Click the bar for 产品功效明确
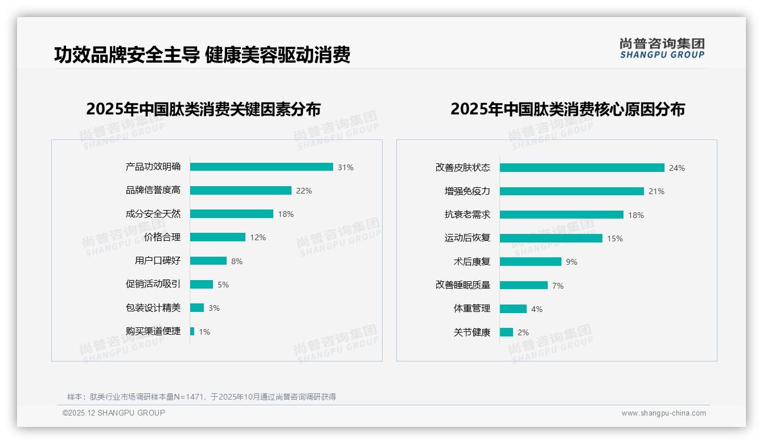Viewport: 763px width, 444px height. (261, 167)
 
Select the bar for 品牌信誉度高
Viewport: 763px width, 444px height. (240, 191)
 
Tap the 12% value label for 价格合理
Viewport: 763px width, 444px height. (258, 237)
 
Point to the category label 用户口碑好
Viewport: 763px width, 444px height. (158, 261)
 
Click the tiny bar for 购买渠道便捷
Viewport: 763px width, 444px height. (192, 331)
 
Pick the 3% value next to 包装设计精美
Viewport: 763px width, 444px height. (214, 308)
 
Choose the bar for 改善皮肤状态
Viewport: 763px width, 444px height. (582, 168)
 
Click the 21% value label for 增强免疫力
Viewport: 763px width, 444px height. (657, 191)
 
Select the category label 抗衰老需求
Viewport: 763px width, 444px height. (467, 215)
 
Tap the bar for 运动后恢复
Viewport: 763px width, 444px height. (551, 238)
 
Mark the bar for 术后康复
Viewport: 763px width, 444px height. (530, 262)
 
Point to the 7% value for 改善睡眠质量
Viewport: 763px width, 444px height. (558, 286)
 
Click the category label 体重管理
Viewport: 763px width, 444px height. (472, 309)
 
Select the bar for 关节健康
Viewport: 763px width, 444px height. (506, 332)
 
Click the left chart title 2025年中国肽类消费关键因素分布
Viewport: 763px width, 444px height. (203, 109)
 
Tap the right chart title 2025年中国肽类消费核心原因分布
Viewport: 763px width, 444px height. (567, 109)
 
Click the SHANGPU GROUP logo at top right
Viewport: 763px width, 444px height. (662, 48)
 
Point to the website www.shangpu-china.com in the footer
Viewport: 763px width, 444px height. (663, 413)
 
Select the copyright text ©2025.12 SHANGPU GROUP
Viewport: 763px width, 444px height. (114, 413)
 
